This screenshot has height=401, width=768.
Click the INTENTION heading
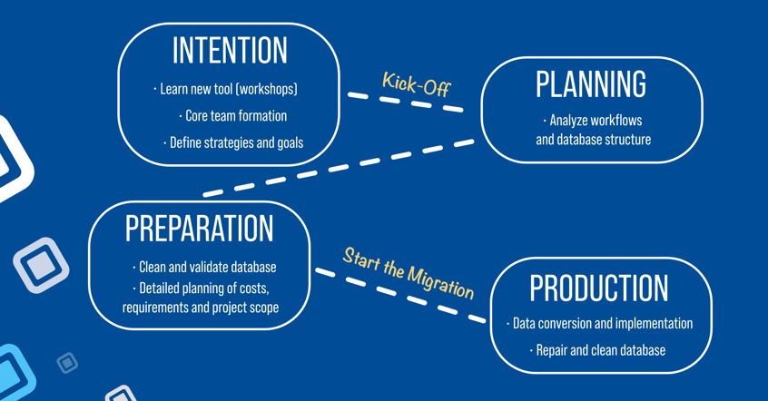pyautogui.click(x=230, y=50)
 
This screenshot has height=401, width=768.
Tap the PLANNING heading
pyautogui.click(x=591, y=83)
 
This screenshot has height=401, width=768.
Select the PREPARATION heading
pyautogui.click(x=199, y=228)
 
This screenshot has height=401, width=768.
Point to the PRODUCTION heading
pyautogui.click(x=598, y=288)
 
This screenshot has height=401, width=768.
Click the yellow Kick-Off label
pyautogui.click(x=417, y=84)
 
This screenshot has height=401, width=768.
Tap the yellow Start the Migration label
pyautogui.click(x=408, y=273)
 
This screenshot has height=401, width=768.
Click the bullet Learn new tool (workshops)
pyautogui.click(x=225, y=89)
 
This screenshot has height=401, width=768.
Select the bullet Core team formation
pyautogui.click(x=232, y=116)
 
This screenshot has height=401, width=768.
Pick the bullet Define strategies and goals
pyautogui.click(x=233, y=143)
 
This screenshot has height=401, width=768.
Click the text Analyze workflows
pyautogui.click(x=593, y=121)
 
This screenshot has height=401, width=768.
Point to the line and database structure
pyautogui.click(x=593, y=140)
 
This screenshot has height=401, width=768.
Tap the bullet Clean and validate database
pyautogui.click(x=204, y=268)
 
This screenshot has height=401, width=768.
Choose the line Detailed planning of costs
pyautogui.click(x=201, y=288)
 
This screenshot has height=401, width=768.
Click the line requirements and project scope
pyautogui.click(x=201, y=308)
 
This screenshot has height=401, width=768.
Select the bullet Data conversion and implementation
pyautogui.click(x=599, y=324)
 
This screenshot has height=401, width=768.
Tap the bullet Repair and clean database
pyautogui.click(x=597, y=350)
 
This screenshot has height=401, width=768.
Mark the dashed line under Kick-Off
pyautogui.click(x=406, y=103)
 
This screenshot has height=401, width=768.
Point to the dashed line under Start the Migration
pyautogui.click(x=400, y=295)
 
